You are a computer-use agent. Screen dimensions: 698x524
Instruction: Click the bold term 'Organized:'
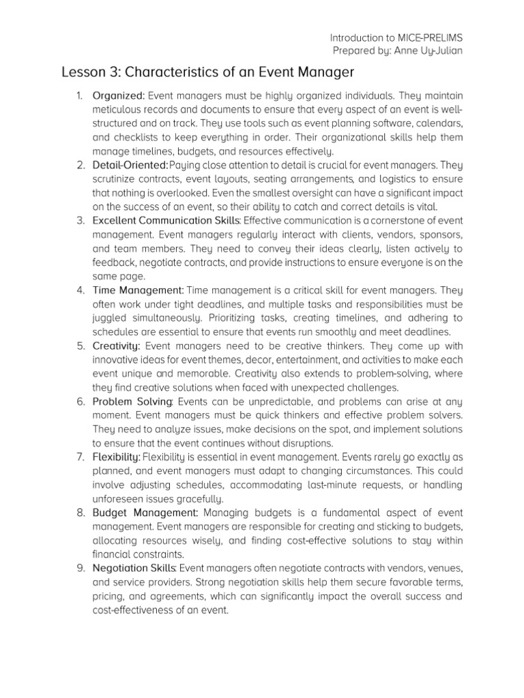click(119, 95)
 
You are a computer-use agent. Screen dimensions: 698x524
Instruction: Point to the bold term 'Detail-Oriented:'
click(130, 165)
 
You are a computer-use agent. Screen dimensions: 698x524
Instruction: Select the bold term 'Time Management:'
click(138, 290)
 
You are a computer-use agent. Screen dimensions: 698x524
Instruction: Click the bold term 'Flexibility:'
click(117, 457)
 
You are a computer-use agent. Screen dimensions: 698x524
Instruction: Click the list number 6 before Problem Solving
click(80, 401)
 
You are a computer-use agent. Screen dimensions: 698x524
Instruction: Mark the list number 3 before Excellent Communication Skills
click(80, 221)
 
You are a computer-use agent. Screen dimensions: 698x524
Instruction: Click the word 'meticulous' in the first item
click(117, 110)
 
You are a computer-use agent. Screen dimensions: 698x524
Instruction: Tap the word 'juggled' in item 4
click(109, 318)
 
